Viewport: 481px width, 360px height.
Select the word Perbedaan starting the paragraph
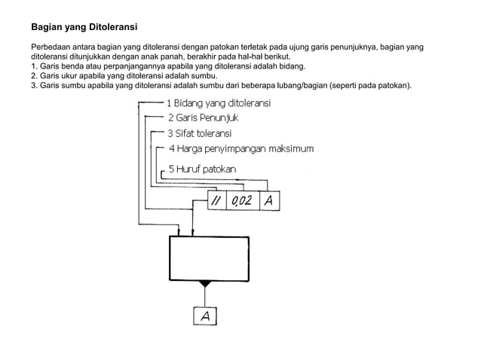tap(52, 48)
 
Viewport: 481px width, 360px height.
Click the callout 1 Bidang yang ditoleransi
tap(219, 102)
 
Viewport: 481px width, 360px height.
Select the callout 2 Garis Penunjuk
tap(202, 117)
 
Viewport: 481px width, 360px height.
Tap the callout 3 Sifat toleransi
tap(199, 133)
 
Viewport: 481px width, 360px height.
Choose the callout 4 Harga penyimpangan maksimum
tap(240, 149)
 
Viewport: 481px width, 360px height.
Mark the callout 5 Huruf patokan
tap(201, 169)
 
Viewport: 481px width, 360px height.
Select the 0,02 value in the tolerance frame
tap(241, 201)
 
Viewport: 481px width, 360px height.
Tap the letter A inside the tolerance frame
tap(269, 201)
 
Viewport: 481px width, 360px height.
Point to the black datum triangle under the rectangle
tap(204, 285)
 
